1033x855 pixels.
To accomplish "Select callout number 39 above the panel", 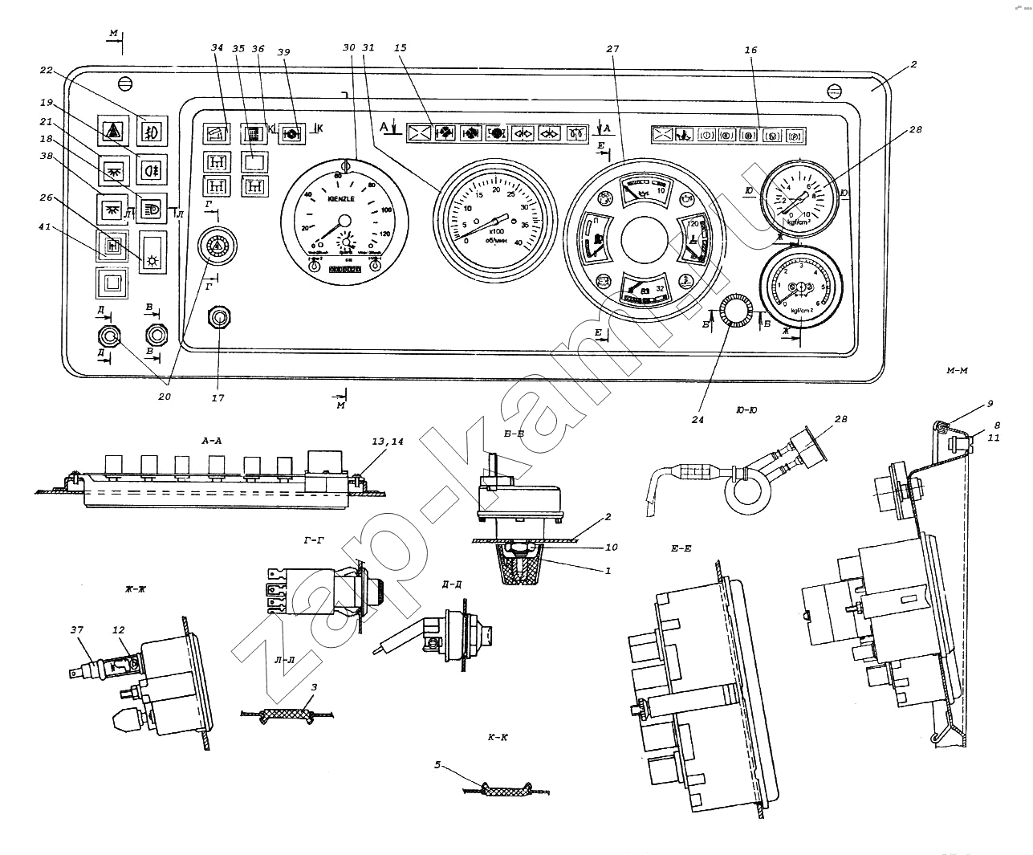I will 284,50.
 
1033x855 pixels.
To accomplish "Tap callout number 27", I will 612,49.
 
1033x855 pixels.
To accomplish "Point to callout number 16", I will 750,50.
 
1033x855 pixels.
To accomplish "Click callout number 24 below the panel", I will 697,418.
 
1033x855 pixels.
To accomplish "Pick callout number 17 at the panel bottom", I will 218,397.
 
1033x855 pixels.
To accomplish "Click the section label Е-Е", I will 681,549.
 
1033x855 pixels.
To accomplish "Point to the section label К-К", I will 498,736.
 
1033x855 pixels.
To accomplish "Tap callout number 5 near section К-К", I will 437,765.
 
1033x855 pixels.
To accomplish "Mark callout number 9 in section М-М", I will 990,404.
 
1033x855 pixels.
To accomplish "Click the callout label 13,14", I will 389,442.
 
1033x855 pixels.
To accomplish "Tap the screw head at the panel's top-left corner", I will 124,83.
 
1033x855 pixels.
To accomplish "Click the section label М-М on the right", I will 958,370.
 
